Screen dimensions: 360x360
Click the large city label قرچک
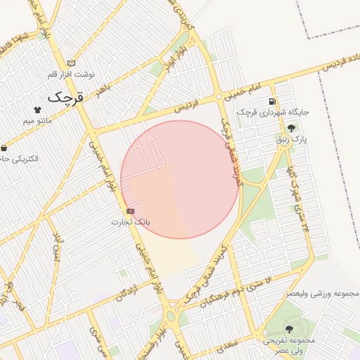click(x=65, y=97)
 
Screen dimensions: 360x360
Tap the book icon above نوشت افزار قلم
click(x=70, y=63)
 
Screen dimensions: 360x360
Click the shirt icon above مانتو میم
click(x=37, y=110)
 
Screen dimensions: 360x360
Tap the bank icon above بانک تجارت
click(x=130, y=211)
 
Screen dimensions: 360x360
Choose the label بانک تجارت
click(x=131, y=221)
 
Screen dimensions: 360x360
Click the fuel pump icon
click(x=271, y=101)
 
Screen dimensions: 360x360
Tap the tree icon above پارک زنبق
click(x=291, y=129)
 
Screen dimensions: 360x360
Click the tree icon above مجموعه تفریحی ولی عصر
click(x=290, y=328)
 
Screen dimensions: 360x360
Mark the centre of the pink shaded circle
click(x=179, y=179)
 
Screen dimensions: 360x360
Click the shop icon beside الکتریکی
click(x=4, y=148)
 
